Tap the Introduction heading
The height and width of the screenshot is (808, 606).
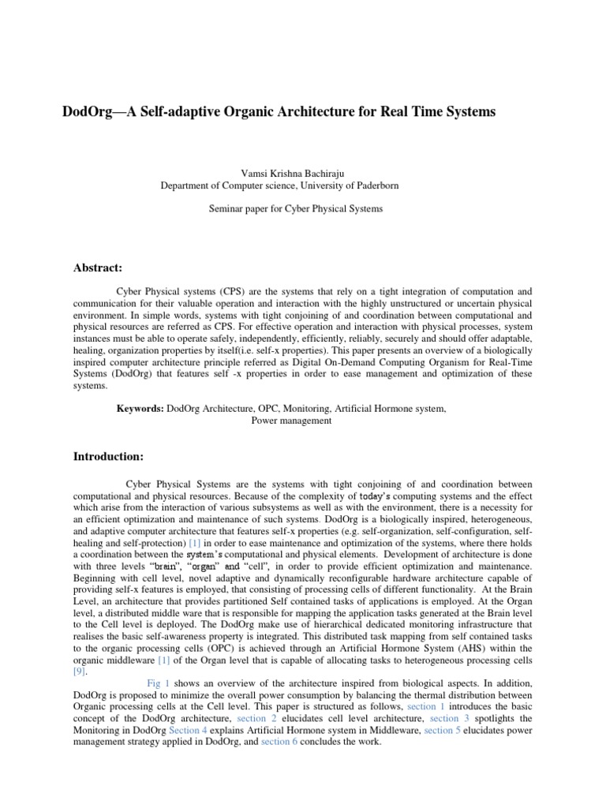108,457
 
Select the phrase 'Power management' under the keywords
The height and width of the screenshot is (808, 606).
291,421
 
